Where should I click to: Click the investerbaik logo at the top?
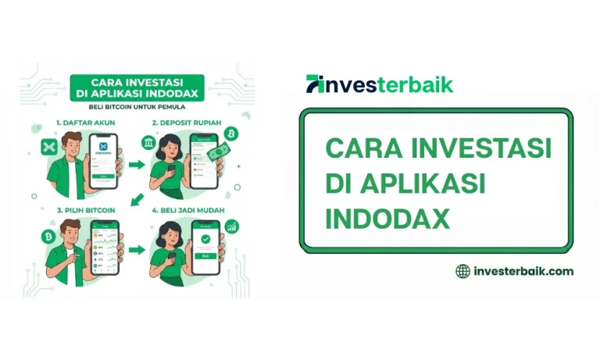click(379, 84)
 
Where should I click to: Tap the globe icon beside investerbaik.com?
click(463, 271)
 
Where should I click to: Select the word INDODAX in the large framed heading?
click(387, 219)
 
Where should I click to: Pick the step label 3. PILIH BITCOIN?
click(80, 210)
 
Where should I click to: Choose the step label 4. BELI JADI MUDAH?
click(187, 210)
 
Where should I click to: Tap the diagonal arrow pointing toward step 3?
click(137, 200)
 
